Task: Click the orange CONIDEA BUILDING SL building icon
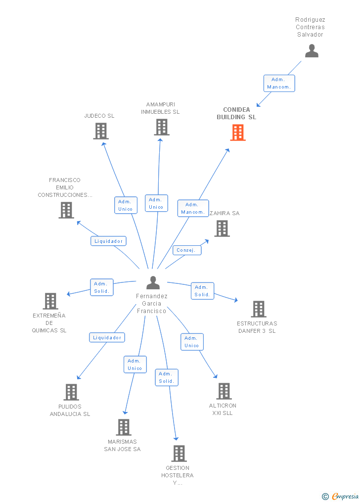click(238, 133)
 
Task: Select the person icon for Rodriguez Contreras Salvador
click(312, 51)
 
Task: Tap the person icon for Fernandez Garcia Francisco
click(153, 283)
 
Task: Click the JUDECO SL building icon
click(101, 131)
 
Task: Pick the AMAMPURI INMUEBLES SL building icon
click(162, 127)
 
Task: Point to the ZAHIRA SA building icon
click(222, 228)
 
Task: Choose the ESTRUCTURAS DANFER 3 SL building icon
click(258, 309)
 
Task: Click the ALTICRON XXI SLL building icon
click(224, 391)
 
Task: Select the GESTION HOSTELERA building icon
click(179, 454)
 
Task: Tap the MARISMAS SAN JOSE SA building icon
click(123, 427)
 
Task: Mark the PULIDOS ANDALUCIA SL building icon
click(71, 392)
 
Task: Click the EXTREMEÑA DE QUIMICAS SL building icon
click(50, 301)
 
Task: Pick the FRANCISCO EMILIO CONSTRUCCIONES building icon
click(66, 210)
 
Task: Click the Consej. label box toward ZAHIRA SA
click(187, 250)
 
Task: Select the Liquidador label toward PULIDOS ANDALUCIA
click(107, 337)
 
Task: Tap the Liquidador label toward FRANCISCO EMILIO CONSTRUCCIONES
click(108, 241)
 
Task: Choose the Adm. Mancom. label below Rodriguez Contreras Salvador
click(279, 83)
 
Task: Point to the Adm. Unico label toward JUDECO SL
click(126, 205)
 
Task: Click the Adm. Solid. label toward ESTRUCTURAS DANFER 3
click(202, 291)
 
